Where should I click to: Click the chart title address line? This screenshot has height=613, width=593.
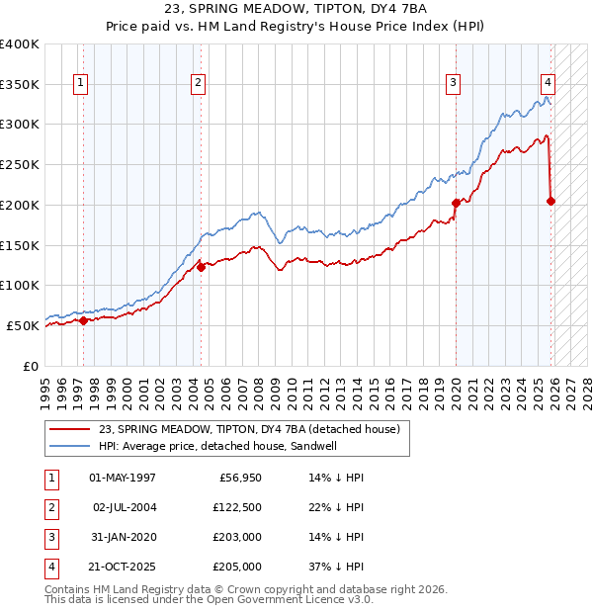click(x=296, y=9)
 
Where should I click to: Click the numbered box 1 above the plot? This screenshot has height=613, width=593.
click(x=79, y=83)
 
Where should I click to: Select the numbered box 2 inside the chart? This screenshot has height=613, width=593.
click(x=199, y=83)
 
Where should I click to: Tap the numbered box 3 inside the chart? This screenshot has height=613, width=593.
click(x=453, y=83)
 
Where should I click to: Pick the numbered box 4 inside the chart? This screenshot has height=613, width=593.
click(x=548, y=83)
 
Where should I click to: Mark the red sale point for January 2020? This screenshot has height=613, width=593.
click(x=456, y=203)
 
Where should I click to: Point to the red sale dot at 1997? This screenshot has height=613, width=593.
click(x=83, y=319)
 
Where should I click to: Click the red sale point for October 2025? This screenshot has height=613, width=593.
click(x=551, y=201)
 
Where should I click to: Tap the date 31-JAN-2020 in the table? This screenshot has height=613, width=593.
click(x=123, y=537)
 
